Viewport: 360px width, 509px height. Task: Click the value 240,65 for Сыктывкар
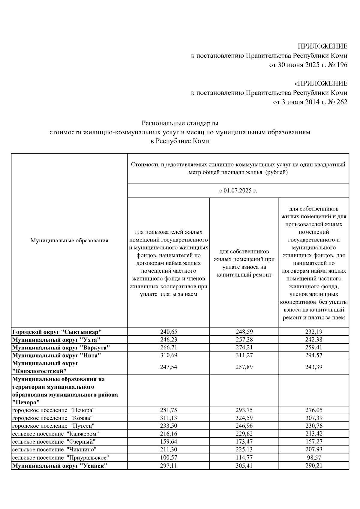(x=169, y=332)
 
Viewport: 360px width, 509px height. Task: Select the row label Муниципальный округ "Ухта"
(x=56, y=340)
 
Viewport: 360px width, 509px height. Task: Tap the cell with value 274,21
(x=244, y=348)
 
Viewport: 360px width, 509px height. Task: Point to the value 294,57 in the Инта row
(x=314, y=355)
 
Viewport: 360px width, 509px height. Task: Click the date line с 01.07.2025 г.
(x=238, y=191)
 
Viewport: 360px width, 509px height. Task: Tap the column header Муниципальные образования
(x=69, y=241)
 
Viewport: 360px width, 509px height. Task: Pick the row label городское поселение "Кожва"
(x=52, y=418)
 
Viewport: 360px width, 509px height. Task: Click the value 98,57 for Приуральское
(x=314, y=458)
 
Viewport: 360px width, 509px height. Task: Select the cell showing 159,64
(x=169, y=442)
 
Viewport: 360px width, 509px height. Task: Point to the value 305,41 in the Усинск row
(x=244, y=466)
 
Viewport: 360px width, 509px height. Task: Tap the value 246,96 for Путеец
(x=244, y=426)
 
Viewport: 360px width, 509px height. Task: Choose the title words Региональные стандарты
(x=180, y=123)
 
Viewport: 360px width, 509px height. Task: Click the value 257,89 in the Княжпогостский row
(x=244, y=367)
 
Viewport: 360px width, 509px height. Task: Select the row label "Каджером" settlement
(x=55, y=434)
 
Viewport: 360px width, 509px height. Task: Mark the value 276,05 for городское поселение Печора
(x=314, y=410)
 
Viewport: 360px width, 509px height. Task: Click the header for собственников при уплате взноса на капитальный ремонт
(x=244, y=263)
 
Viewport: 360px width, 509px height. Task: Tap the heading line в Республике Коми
(x=180, y=141)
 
